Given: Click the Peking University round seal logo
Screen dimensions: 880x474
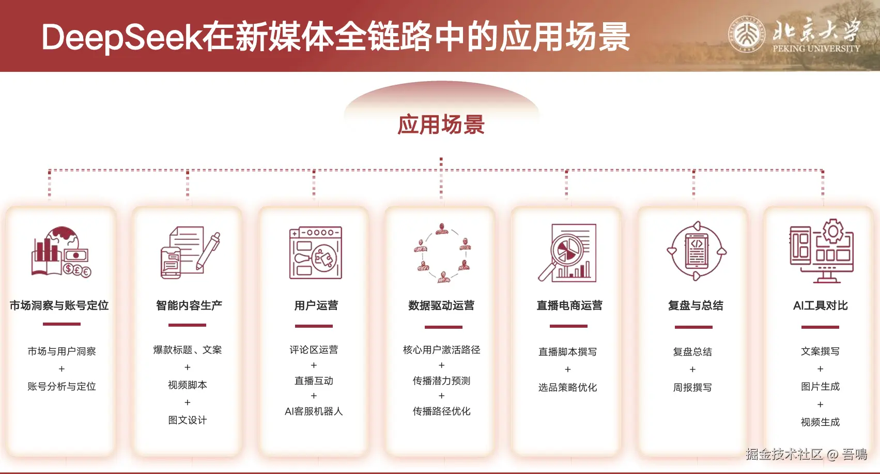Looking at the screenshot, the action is pos(747,35).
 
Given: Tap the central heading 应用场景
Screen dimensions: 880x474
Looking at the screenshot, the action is pos(441,125).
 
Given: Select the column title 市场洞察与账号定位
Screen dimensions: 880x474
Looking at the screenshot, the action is pos(59,305).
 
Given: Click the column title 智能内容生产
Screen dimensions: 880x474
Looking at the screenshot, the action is pos(189,305).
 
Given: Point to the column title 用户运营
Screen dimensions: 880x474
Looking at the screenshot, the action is pos(316,305).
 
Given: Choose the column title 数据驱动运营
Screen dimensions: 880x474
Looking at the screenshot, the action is pos(441,305).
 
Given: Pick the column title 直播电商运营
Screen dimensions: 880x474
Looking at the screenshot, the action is pos(569,305).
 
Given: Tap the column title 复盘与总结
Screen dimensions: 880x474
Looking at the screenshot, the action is pos(696,305).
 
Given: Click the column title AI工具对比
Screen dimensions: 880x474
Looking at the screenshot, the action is pos(821,305).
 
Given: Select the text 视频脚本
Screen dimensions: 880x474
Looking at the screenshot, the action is pos(188,385).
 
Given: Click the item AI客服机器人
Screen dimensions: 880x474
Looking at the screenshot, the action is pos(314,411).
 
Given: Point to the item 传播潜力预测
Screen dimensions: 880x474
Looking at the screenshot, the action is pos(441,381).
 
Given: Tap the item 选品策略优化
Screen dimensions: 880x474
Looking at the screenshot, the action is pos(567,388).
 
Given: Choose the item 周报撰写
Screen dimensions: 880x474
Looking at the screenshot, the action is pos(692,388).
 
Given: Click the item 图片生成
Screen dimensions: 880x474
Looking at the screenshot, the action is pos(821,387).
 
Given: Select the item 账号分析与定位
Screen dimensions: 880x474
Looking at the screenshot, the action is pos(61,387).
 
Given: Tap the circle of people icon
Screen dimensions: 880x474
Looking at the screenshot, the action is pos(442,253).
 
